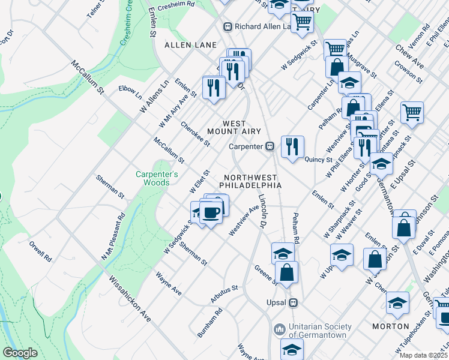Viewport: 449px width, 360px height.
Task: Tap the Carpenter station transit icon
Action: (x=270, y=146)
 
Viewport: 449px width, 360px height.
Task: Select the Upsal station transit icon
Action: (x=293, y=302)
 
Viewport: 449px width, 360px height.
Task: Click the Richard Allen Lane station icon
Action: (x=228, y=26)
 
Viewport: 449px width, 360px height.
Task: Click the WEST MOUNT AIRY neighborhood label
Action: (x=227, y=127)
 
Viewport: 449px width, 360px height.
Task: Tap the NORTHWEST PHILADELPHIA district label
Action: (x=250, y=181)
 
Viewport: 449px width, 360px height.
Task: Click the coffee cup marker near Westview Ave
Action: (x=210, y=212)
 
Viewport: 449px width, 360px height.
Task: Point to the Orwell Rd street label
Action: (x=40, y=252)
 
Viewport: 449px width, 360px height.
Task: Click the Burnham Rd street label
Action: (x=210, y=322)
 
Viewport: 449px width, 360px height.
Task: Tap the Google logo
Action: (x=20, y=353)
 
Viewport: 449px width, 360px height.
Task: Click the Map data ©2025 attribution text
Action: (x=423, y=355)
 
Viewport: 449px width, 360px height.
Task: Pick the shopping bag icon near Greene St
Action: (x=288, y=272)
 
